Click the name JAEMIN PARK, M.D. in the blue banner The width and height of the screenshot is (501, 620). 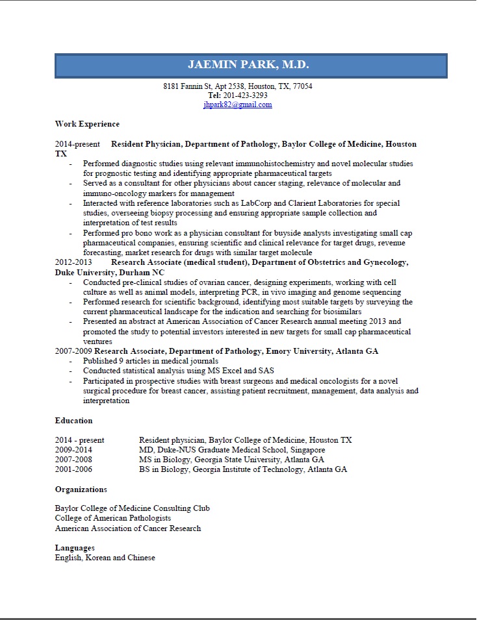(x=248, y=65)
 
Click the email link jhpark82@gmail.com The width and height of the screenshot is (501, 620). (x=237, y=105)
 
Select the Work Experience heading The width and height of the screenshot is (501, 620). (x=87, y=124)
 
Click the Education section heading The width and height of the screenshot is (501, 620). (x=73, y=421)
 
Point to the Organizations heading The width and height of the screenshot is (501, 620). (x=81, y=490)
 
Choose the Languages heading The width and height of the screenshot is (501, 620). (x=75, y=548)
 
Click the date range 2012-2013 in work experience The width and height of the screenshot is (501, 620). (x=73, y=262)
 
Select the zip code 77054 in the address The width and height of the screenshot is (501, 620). (x=302, y=86)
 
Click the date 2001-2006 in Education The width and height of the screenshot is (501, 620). (x=73, y=469)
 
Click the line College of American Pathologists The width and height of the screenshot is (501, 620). (x=113, y=518)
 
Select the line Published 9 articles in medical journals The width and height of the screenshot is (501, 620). (x=151, y=361)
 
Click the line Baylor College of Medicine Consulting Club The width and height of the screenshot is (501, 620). (x=133, y=508)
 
